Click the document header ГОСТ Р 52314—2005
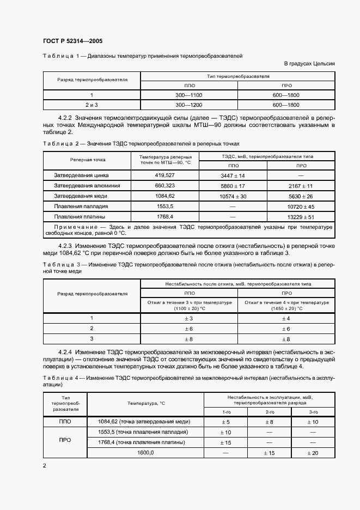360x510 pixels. (x=72, y=41)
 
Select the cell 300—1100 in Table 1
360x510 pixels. (x=190, y=95)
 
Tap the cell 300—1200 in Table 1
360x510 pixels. (x=190, y=104)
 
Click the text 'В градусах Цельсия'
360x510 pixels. (x=309, y=64)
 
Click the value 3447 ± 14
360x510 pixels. (x=233, y=175)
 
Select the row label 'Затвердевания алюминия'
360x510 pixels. (x=87, y=186)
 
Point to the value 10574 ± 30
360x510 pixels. (x=233, y=196)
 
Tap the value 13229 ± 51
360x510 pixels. (x=301, y=217)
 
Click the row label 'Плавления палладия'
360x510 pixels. (x=81, y=207)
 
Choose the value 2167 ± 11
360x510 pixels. (x=301, y=186)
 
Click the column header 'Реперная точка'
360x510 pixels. (x=88, y=160)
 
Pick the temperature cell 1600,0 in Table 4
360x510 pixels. (x=145, y=453)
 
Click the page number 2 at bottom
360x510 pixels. (x=45, y=466)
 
